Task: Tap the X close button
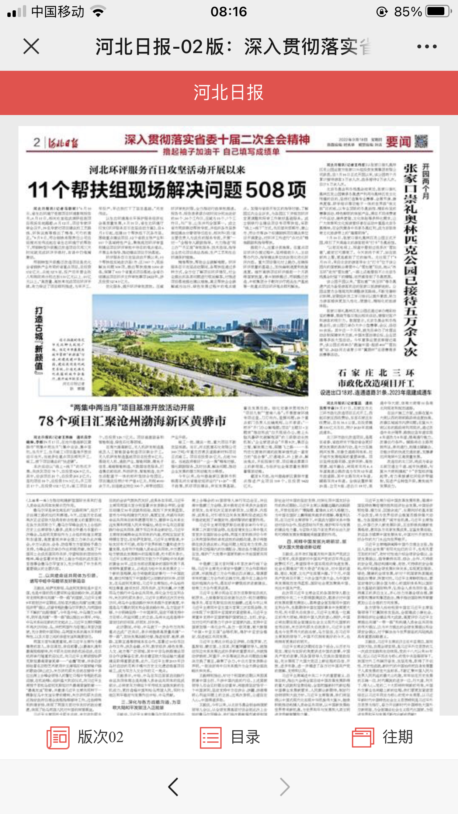click(31, 46)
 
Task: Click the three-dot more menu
click(427, 46)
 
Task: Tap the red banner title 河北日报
click(229, 93)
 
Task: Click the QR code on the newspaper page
click(421, 141)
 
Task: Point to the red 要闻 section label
click(398, 142)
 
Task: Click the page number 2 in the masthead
click(37, 142)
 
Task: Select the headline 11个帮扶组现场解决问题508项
click(167, 190)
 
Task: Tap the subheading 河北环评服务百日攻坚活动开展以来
click(167, 170)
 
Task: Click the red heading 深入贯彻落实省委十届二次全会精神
click(217, 140)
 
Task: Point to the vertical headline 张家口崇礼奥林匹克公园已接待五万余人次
click(410, 260)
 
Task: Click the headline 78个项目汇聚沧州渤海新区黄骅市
click(132, 421)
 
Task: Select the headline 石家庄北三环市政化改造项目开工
click(376, 378)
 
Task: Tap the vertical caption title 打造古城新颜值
click(39, 339)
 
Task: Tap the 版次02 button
click(85, 737)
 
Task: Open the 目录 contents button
click(230, 737)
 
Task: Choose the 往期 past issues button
click(382, 737)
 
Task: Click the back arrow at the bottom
click(173, 787)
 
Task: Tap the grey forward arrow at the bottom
click(284, 787)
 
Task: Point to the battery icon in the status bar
click(438, 11)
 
